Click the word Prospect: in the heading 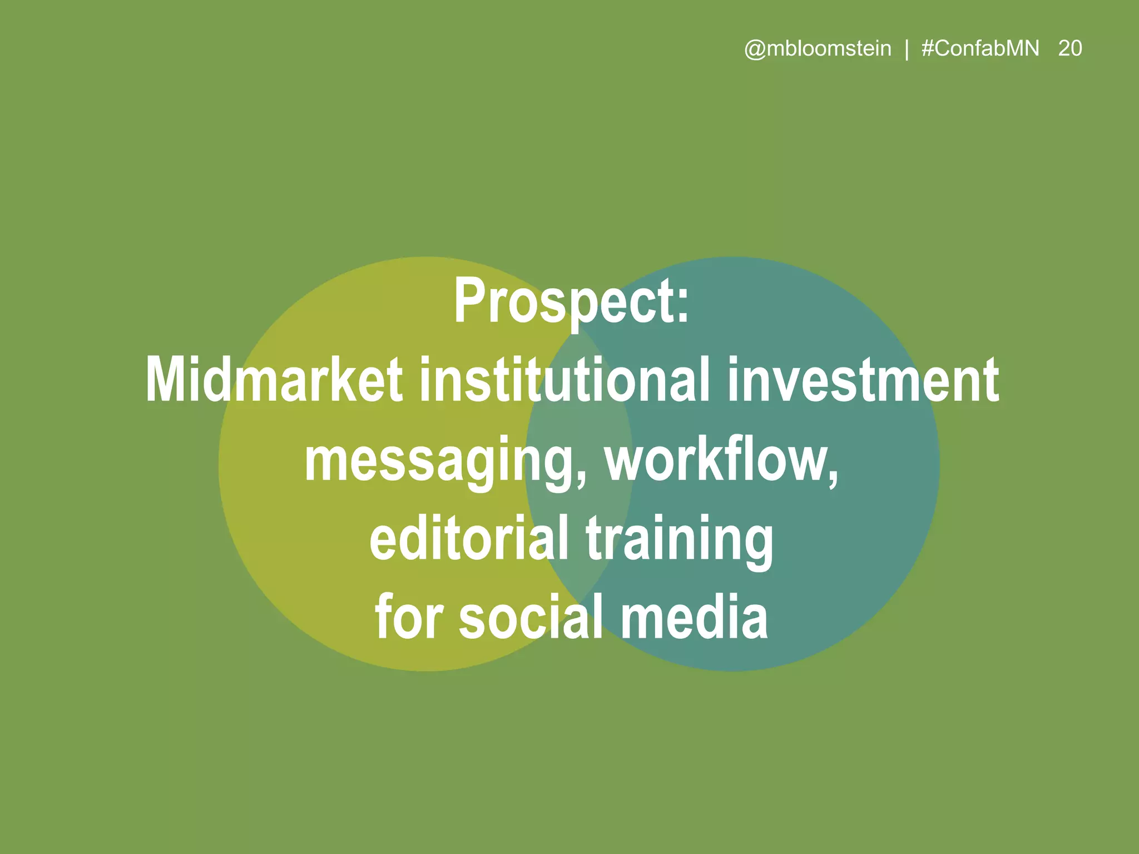coord(571,302)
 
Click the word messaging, coord(445,461)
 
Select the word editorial coord(469,538)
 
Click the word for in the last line coord(409,616)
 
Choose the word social coord(531,616)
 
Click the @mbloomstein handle coord(818,49)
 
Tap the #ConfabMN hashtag coord(980,48)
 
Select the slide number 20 coord(1069,48)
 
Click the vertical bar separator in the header coord(907,49)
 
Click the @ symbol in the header coord(755,49)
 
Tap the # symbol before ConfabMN coord(928,48)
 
